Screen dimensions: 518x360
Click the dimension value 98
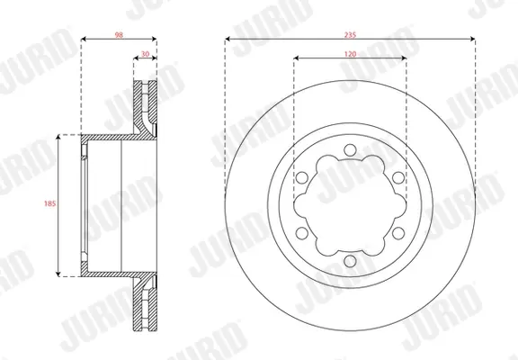pos(119,35)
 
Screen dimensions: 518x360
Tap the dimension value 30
pos(145,54)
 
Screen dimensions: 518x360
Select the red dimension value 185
pos(49,203)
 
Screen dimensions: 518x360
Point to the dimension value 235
pos(350,35)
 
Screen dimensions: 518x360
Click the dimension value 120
pos(350,54)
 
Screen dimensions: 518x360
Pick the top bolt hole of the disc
pos(350,149)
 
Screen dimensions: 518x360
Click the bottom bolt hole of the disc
pos(350,261)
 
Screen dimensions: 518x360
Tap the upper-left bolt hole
pos(301,177)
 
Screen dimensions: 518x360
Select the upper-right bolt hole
pos(398,177)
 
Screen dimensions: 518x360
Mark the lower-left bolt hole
pos(301,233)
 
